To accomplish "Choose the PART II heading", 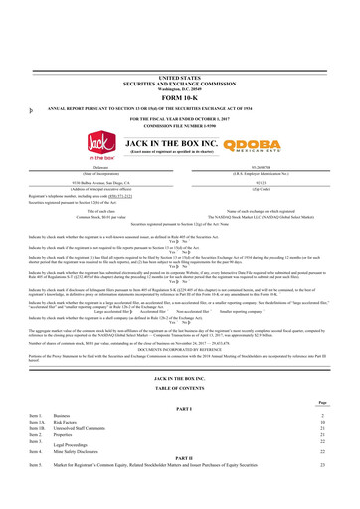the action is point(180,482).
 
